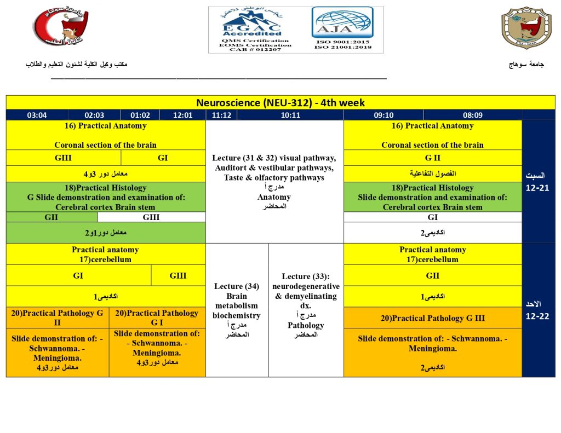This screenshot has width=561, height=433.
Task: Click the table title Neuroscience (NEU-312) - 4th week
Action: click(x=280, y=103)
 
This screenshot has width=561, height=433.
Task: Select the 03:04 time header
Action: click(x=37, y=115)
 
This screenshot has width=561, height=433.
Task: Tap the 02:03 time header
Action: click(x=94, y=115)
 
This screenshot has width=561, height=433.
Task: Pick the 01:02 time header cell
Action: click(x=140, y=115)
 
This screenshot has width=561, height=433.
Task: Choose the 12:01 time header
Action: click(x=182, y=115)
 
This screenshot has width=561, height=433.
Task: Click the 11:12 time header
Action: click(x=221, y=115)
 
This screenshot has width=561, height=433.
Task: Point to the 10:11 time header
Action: click(x=290, y=115)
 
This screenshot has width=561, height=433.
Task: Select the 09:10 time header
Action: click(x=383, y=115)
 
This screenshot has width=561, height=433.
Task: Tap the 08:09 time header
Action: click(x=473, y=115)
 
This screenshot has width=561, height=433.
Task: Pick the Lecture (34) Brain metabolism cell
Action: click(x=237, y=310)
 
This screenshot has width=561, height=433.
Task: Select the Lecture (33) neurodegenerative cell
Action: click(x=306, y=310)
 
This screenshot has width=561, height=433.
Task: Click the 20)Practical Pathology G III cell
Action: click(x=432, y=318)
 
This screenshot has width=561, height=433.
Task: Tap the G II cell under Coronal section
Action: click(x=432, y=158)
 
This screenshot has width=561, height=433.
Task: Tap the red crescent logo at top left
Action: click(x=60, y=28)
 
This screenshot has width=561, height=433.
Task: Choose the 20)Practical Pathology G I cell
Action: click(x=157, y=318)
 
